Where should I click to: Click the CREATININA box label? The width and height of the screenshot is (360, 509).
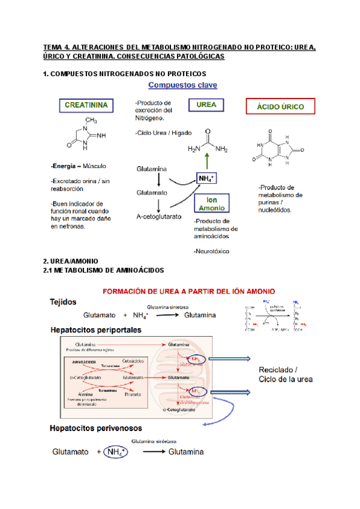tap(86, 106)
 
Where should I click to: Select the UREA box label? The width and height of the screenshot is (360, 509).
tap(206, 105)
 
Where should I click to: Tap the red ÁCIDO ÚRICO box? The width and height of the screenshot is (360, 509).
tap(281, 107)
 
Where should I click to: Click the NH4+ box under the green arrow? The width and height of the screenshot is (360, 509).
tap(206, 179)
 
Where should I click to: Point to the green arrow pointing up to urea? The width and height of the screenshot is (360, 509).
tap(207, 161)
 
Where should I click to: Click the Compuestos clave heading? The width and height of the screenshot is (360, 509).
tap(182, 85)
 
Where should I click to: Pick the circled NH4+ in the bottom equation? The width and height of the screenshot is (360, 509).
tap(115, 452)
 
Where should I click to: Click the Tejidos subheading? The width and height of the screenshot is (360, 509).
tap(64, 303)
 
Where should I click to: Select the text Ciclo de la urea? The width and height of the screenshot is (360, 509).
tap(285, 379)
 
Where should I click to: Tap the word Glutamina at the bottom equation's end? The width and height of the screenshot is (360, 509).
tap(185, 452)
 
